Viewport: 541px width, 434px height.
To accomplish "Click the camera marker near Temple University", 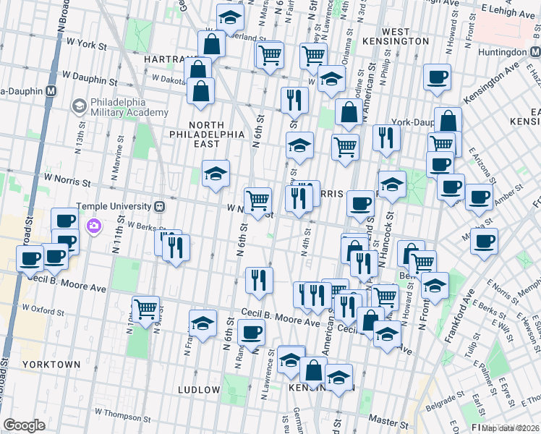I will click(94, 227).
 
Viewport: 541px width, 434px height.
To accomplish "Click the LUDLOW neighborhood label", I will click(199, 390).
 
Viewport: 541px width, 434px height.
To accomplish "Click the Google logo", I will click(25, 425).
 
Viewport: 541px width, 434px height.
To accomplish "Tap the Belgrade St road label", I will click(445, 403).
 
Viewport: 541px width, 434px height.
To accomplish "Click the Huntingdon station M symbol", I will click(535, 52).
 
